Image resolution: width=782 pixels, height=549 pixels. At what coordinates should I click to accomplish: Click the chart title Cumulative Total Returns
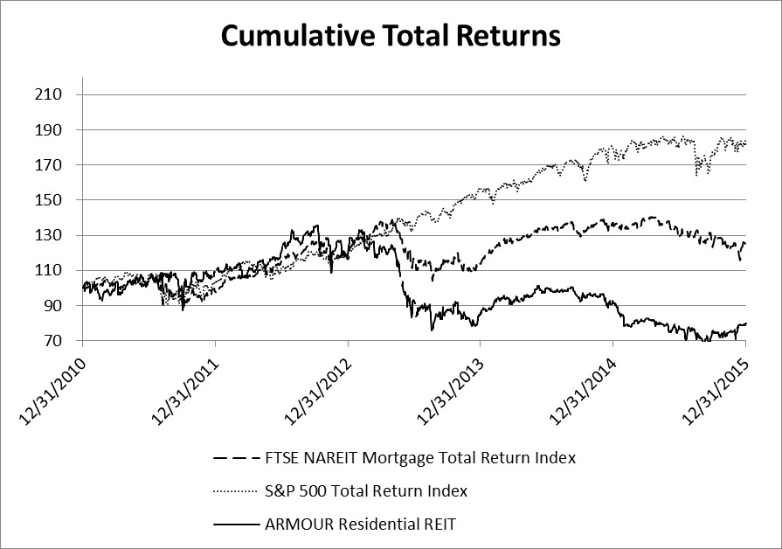click(390, 36)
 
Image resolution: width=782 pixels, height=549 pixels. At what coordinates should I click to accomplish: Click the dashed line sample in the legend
click(239, 457)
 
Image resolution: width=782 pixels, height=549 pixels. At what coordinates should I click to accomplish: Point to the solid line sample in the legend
click(239, 525)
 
